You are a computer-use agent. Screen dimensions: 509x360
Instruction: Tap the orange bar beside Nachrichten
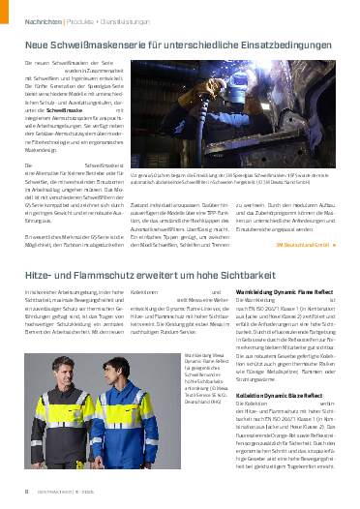[15, 18]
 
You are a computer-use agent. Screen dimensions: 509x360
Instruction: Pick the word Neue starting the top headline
[36, 45]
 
